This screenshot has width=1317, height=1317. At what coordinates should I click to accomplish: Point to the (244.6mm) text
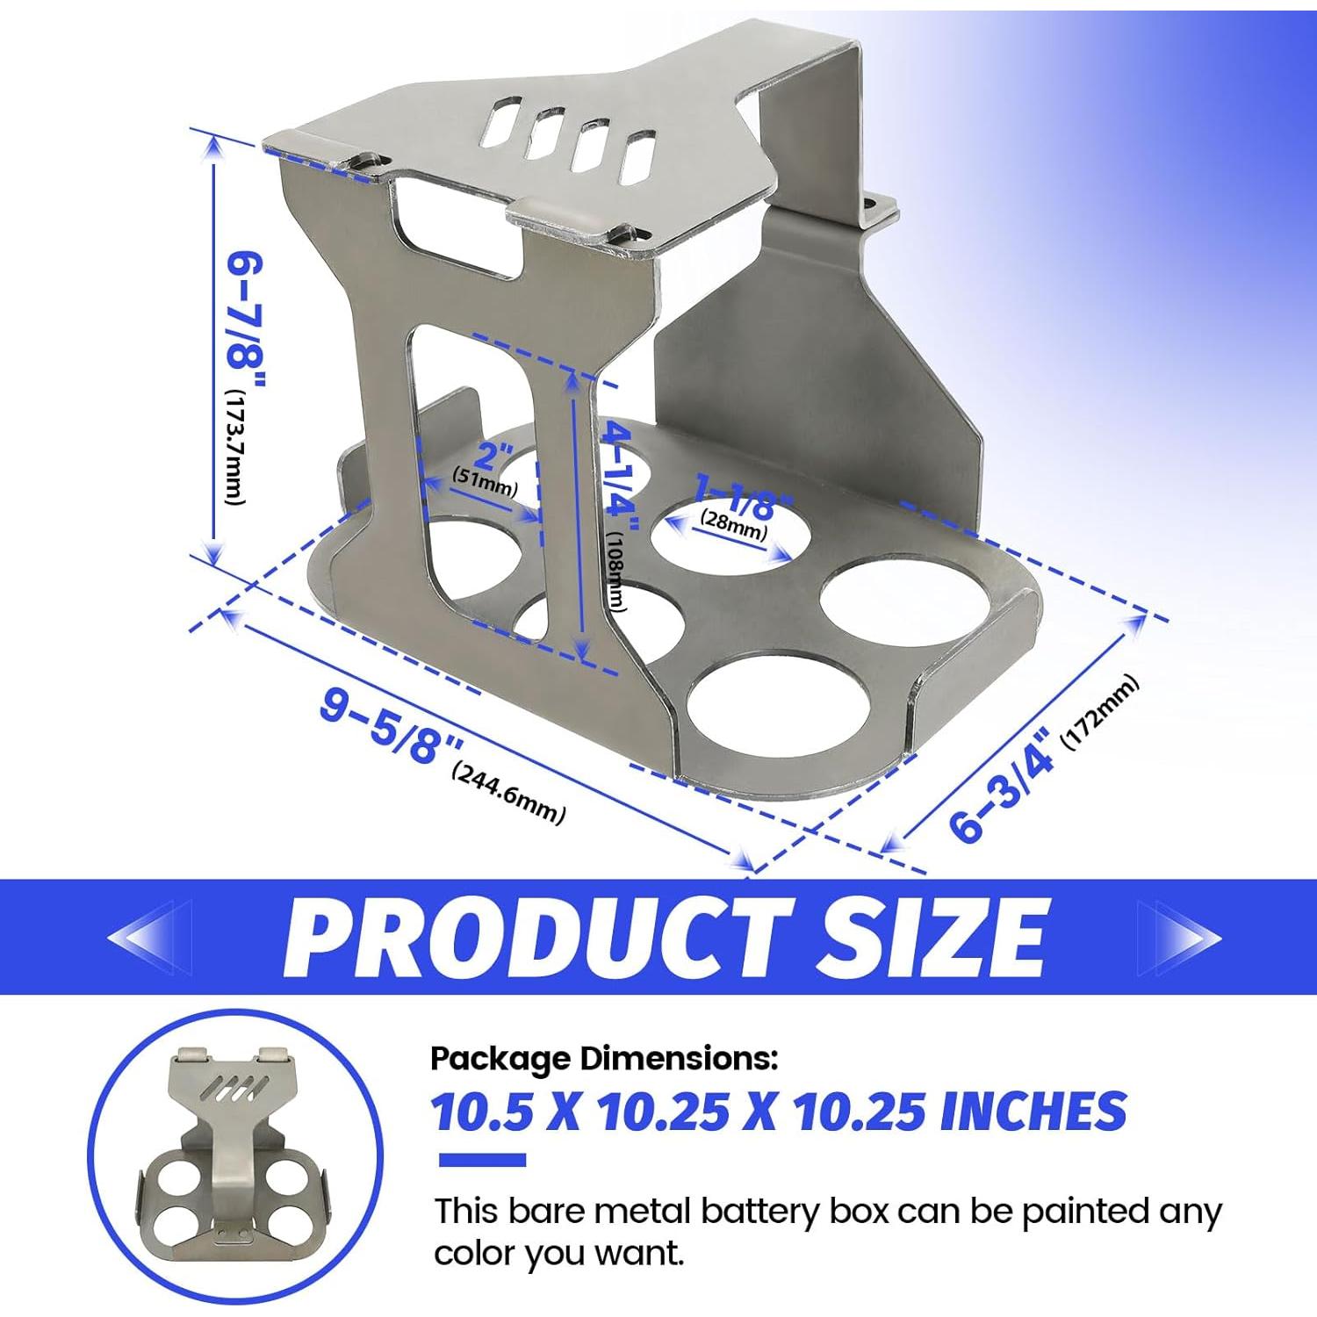click(508, 794)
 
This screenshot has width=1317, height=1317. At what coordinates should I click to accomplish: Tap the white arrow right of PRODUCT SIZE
click(1181, 938)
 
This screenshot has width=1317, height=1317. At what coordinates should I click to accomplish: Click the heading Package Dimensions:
click(604, 1059)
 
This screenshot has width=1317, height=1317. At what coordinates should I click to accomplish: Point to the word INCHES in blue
click(1033, 1112)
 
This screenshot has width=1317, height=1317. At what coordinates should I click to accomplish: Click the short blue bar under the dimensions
click(481, 1161)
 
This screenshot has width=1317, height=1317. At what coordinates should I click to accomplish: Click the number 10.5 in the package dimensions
click(482, 1112)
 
